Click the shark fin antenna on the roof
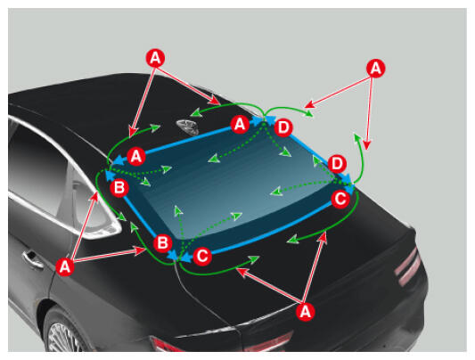188,127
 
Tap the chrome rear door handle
33,260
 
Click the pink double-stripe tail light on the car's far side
408,266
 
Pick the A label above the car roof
155,58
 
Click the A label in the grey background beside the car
376,68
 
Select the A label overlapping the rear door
65,266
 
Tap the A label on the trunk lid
305,312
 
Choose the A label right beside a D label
240,124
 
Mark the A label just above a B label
136,157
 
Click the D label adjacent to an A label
283,127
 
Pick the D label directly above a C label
337,164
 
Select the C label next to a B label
202,256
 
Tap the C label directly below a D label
340,199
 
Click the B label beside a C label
163,243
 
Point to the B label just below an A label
119,188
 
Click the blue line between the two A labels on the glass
188,141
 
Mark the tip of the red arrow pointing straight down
367,150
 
